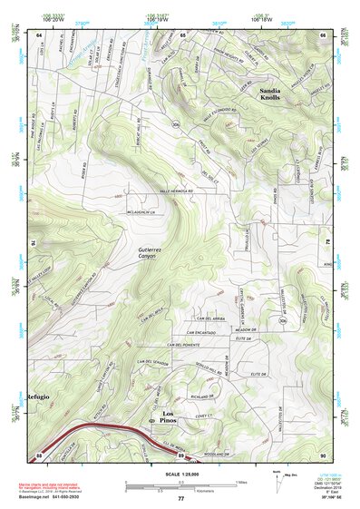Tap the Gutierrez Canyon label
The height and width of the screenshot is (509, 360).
[x=148, y=253]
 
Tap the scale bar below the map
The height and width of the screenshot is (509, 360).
[x=180, y=485]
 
